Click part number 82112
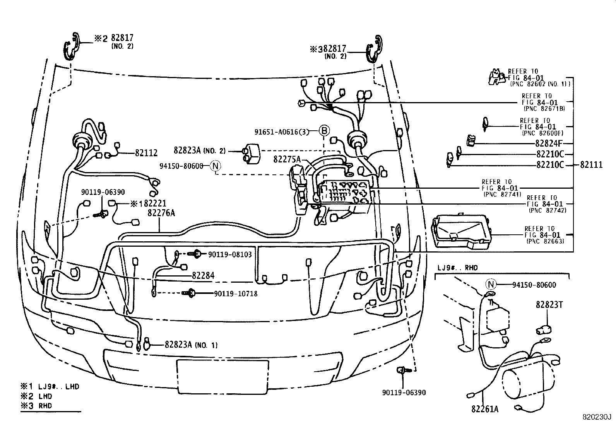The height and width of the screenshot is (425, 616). tap(146, 153)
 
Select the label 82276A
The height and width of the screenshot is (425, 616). tap(161, 212)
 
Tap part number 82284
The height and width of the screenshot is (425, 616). tap(203, 276)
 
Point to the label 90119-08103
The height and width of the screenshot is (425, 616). tap(230, 254)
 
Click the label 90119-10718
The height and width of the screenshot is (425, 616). tap(236, 294)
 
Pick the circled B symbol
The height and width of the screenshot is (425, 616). tap(324, 131)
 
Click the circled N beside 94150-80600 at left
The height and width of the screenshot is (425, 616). tap(216, 166)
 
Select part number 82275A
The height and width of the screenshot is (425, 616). tap(287, 159)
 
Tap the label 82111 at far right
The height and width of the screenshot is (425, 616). tap(591, 165)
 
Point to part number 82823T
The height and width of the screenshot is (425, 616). tap(549, 305)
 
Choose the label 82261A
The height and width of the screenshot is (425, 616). tap(485, 408)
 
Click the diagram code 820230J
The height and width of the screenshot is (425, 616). tap(597, 418)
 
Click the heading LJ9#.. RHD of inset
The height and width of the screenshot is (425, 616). tap(457, 267)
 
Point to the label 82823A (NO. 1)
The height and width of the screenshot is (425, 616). tap(191, 345)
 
